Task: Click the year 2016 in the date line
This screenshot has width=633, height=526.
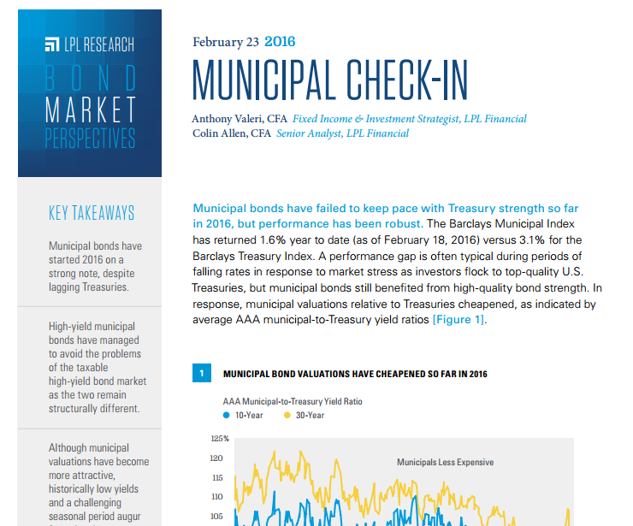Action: click(280, 41)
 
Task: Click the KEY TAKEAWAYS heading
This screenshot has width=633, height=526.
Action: click(92, 213)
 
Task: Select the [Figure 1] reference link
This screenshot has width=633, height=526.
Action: click(459, 320)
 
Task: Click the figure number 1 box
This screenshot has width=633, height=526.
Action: click(202, 373)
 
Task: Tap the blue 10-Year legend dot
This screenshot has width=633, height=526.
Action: click(227, 415)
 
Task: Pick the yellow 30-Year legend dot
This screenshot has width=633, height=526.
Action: click(287, 415)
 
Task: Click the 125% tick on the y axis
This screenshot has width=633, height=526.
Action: click(220, 439)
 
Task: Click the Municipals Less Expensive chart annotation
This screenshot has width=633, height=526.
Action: click(445, 462)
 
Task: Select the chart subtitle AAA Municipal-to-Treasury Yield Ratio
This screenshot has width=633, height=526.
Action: click(293, 400)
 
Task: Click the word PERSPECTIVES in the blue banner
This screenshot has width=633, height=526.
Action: click(90, 138)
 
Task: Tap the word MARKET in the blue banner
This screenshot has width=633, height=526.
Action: click(90, 109)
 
